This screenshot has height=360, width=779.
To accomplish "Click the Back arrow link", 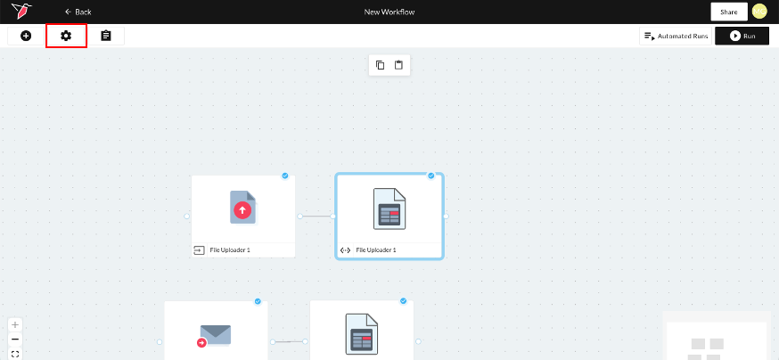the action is (78, 12).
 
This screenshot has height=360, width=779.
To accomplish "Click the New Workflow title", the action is (389, 12).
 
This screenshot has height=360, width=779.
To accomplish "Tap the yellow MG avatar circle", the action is (759, 12).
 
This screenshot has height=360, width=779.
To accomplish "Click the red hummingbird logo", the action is (21, 11).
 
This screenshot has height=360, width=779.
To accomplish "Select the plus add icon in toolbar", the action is (26, 36).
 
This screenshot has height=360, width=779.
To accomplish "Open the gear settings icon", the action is (66, 36).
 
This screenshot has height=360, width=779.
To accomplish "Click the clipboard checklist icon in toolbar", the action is (106, 36).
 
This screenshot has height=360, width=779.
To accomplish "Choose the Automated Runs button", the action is (676, 37).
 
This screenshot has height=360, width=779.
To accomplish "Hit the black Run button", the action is (742, 37).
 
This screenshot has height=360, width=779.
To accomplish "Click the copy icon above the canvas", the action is (380, 65).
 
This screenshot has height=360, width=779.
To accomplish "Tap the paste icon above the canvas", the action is (398, 65).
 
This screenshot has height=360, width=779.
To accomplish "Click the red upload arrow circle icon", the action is (242, 210).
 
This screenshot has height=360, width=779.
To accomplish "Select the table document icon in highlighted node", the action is (389, 209).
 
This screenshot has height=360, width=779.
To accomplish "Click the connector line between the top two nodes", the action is (316, 216).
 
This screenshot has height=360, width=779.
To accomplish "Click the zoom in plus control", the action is (15, 325).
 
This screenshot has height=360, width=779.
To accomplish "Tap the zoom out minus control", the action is (15, 340).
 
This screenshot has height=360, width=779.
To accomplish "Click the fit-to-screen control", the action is (15, 354).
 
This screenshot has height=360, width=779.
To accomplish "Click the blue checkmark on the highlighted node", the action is (431, 176).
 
